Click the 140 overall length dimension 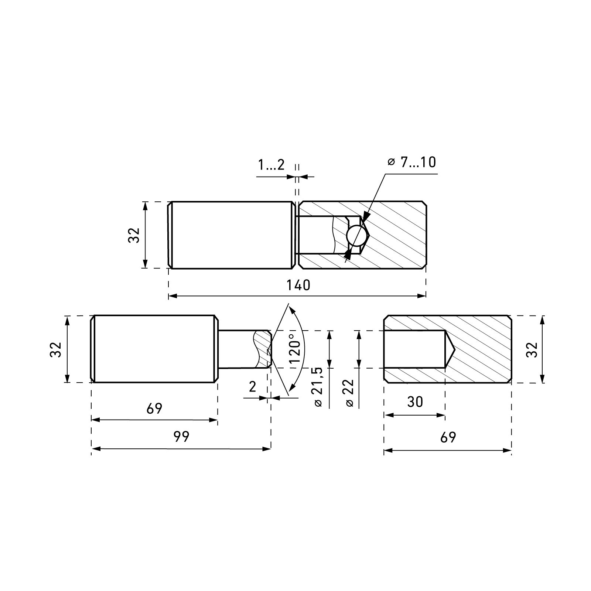tap(298, 285)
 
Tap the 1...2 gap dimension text tap(271, 165)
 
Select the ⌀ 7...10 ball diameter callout tap(412, 162)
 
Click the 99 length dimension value tap(181, 437)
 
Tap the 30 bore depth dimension tap(415, 402)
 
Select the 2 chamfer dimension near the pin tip tap(253, 387)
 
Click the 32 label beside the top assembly tap(134, 235)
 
